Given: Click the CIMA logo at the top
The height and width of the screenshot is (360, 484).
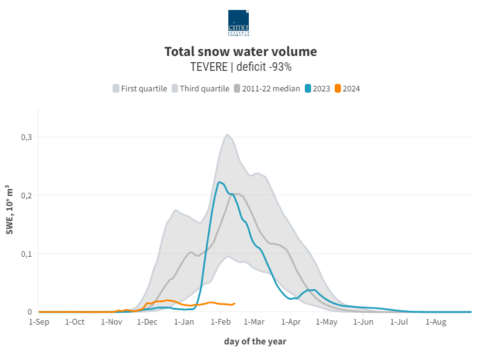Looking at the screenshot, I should tap(238, 23).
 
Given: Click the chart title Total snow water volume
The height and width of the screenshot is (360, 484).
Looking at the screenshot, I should tap(241, 52).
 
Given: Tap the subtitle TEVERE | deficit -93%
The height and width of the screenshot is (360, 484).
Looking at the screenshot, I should tap(241, 67).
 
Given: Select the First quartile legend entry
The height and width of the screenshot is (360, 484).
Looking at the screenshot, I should tap(140, 88).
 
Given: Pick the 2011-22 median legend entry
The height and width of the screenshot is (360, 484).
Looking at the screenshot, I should tap(267, 88).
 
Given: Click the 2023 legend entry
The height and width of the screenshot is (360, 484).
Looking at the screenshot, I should tap(317, 88).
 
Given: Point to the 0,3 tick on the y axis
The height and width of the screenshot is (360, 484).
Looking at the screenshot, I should tap(25, 137).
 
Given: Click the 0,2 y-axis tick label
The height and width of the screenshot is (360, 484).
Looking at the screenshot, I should tap(25, 195).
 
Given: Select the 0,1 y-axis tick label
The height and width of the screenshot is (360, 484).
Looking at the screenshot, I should tap(25, 254).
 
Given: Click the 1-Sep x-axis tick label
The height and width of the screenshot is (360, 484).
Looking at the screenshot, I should tap(39, 322).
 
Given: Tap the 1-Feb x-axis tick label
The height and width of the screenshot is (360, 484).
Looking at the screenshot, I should tap(221, 322).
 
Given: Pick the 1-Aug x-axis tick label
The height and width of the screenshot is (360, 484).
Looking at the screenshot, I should tap(435, 322).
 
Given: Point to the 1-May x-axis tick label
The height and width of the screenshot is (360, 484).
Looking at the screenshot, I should tap(327, 322).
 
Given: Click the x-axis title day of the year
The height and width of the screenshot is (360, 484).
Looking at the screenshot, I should tap(255, 341).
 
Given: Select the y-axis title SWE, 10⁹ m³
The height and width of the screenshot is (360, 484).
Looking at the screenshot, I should tap(9, 210).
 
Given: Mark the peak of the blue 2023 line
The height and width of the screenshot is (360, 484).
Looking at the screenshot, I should tap(220, 182).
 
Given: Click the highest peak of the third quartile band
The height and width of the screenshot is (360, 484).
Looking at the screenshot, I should tap(228, 134).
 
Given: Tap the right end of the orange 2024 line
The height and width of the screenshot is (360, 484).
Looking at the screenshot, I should tap(235, 303).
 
